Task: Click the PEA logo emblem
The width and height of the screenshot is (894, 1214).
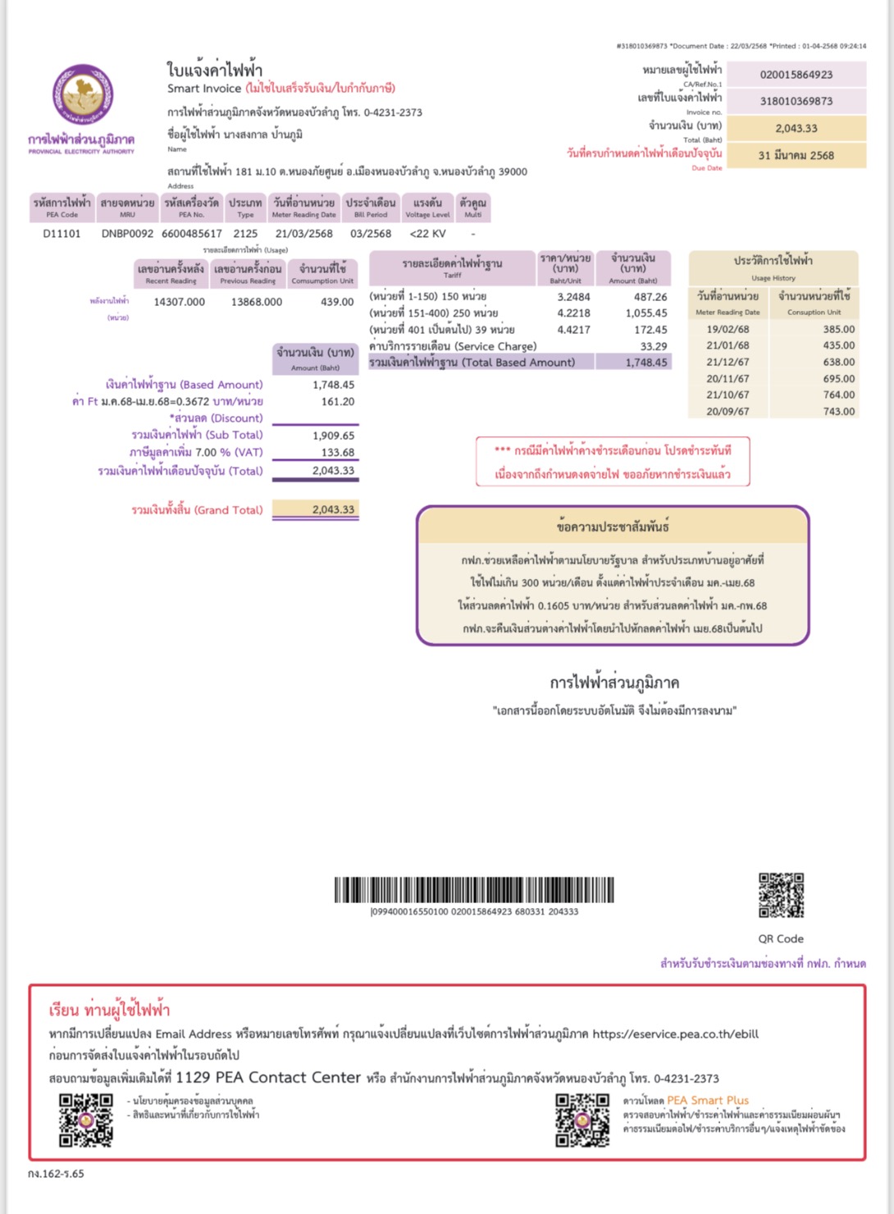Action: pos(82,95)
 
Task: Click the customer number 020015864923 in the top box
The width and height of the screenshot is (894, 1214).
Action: pos(796,75)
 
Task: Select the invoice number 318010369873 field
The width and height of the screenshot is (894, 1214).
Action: pos(796,101)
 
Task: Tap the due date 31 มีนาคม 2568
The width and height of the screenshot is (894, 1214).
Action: pos(796,155)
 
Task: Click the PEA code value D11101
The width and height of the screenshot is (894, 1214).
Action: pos(62,234)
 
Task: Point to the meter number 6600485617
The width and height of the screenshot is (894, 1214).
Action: pos(191,234)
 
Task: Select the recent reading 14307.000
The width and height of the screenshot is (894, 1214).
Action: pos(179,302)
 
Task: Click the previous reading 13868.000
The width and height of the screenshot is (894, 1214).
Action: pos(256,302)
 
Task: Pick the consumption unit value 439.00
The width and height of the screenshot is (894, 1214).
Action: pos(337,302)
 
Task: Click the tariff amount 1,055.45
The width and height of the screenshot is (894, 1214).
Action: pos(646,313)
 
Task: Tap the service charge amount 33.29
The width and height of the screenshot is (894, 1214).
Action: pos(654,346)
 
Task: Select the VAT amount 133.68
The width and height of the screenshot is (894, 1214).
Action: pos(338,453)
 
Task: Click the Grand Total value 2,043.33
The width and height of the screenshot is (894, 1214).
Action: pos(333,509)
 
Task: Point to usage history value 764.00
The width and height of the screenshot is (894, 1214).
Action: pos(838,395)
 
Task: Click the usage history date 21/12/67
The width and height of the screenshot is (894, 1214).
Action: pos(728,362)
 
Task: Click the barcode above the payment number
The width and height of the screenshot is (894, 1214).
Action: pos(474,890)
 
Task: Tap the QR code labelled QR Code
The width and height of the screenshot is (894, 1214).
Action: pos(781,895)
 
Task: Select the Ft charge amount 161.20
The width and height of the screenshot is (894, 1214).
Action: pos(338,402)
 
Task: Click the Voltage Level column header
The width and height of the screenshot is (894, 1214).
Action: pos(427,208)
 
